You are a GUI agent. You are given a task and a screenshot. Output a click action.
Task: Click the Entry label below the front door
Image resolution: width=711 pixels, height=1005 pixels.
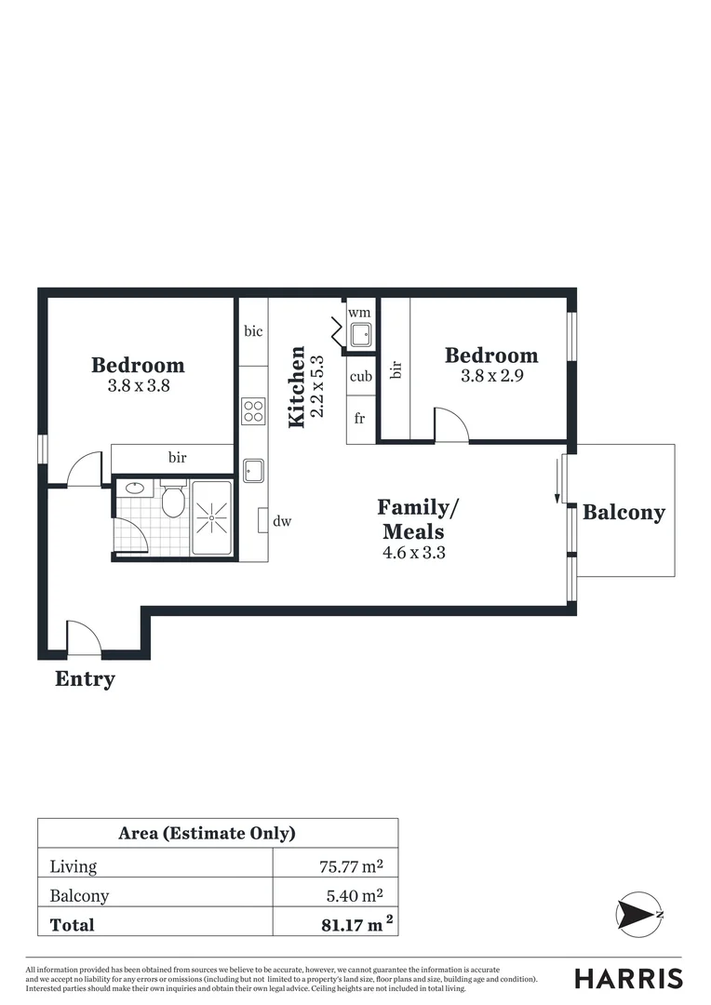tap(85, 679)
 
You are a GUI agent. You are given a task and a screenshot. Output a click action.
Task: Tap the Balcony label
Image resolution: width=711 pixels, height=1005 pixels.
tap(624, 513)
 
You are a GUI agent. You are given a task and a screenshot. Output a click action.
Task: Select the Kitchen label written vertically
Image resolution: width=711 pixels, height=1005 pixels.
tap(297, 387)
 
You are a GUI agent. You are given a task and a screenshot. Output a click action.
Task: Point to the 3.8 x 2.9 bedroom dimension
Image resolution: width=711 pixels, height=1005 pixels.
tap(491, 377)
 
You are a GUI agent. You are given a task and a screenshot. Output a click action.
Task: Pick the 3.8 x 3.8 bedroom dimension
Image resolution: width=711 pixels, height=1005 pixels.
tap(138, 385)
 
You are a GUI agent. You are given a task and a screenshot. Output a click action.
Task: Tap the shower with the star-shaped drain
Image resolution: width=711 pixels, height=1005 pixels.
tap(212, 517)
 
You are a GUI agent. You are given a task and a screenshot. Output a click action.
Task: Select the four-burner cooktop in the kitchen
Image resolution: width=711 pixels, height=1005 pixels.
tap(253, 410)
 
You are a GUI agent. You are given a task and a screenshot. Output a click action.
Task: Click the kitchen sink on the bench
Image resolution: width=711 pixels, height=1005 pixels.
tap(253, 471)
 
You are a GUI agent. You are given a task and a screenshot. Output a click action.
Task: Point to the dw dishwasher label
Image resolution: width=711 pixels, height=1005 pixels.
tap(282, 521)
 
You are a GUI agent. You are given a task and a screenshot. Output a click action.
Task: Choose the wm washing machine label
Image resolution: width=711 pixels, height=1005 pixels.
tap(359, 313)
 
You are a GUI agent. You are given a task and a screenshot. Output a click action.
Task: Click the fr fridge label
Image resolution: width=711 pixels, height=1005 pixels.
tap(359, 419)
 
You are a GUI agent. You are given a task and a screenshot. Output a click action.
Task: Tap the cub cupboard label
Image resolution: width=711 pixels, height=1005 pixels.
tap(361, 377)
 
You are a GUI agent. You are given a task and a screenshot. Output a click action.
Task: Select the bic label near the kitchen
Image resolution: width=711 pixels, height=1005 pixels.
tap(253, 331)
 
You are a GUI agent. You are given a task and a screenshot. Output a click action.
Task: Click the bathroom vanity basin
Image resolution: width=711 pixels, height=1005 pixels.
tap(134, 488)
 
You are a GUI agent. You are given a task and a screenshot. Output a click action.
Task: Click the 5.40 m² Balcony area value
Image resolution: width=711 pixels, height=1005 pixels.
tap(352, 896)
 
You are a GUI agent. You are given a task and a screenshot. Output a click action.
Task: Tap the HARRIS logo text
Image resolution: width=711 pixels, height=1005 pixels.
tap(628, 978)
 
